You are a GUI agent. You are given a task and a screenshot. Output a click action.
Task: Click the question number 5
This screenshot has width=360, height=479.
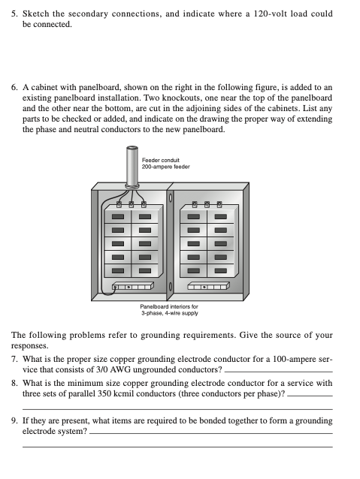14,14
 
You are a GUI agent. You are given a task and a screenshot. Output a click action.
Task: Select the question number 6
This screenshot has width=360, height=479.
14,88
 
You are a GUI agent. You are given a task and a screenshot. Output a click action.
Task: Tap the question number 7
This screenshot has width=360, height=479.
14,359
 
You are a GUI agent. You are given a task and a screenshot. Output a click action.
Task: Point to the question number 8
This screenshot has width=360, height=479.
14,384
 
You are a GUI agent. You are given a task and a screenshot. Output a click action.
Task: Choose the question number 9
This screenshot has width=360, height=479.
14,421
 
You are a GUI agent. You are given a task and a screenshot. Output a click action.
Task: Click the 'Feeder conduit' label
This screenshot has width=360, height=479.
161,160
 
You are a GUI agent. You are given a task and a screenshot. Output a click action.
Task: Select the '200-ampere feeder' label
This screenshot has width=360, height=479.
166,167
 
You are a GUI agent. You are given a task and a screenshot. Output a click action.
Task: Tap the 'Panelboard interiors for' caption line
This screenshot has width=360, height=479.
169,306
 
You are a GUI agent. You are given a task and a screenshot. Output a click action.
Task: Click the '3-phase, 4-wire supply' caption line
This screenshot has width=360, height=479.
169,313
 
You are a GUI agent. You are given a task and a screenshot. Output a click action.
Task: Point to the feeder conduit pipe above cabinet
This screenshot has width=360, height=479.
132,167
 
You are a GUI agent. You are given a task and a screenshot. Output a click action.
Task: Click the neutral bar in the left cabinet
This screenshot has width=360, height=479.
132,286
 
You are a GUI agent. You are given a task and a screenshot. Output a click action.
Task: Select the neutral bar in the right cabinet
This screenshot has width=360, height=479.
208,286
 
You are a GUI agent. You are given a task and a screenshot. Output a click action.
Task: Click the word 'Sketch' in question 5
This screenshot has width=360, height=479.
36,14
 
